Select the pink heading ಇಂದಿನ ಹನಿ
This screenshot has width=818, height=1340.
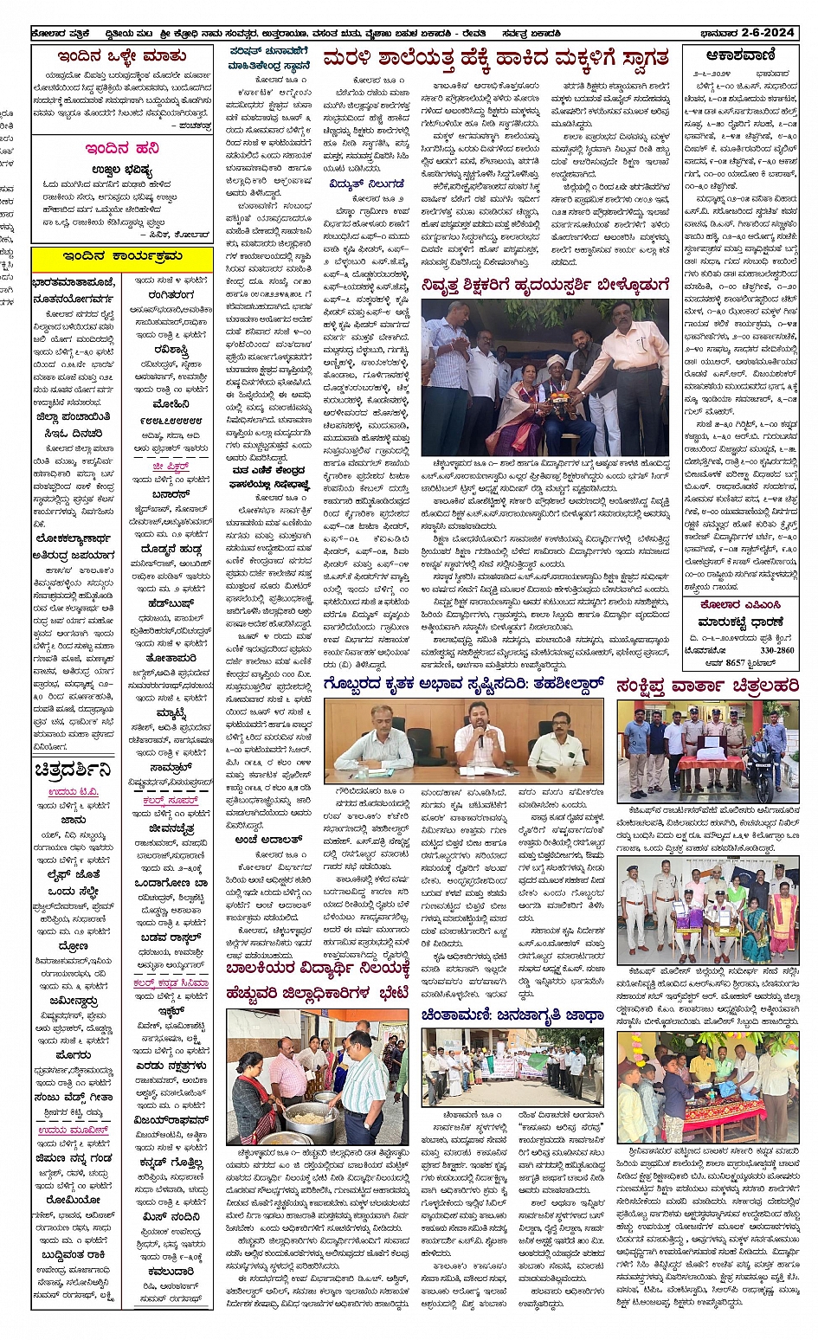click(x=121, y=148)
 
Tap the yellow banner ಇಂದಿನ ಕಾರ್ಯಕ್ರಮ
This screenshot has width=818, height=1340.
click(x=122, y=257)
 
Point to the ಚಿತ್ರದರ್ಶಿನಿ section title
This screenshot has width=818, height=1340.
click(x=74, y=770)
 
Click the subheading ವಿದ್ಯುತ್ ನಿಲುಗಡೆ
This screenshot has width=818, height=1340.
click(x=366, y=184)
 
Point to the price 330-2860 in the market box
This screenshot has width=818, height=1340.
click(x=776, y=650)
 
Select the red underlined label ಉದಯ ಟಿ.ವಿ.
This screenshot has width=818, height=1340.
click(x=74, y=791)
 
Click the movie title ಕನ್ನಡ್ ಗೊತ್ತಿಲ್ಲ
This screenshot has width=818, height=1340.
click(x=171, y=1163)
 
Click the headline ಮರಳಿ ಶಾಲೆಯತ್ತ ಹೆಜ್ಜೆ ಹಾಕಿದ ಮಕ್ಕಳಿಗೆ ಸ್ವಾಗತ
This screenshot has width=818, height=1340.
click(x=496, y=58)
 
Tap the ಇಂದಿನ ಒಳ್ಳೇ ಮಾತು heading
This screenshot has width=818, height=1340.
click(x=122, y=56)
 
